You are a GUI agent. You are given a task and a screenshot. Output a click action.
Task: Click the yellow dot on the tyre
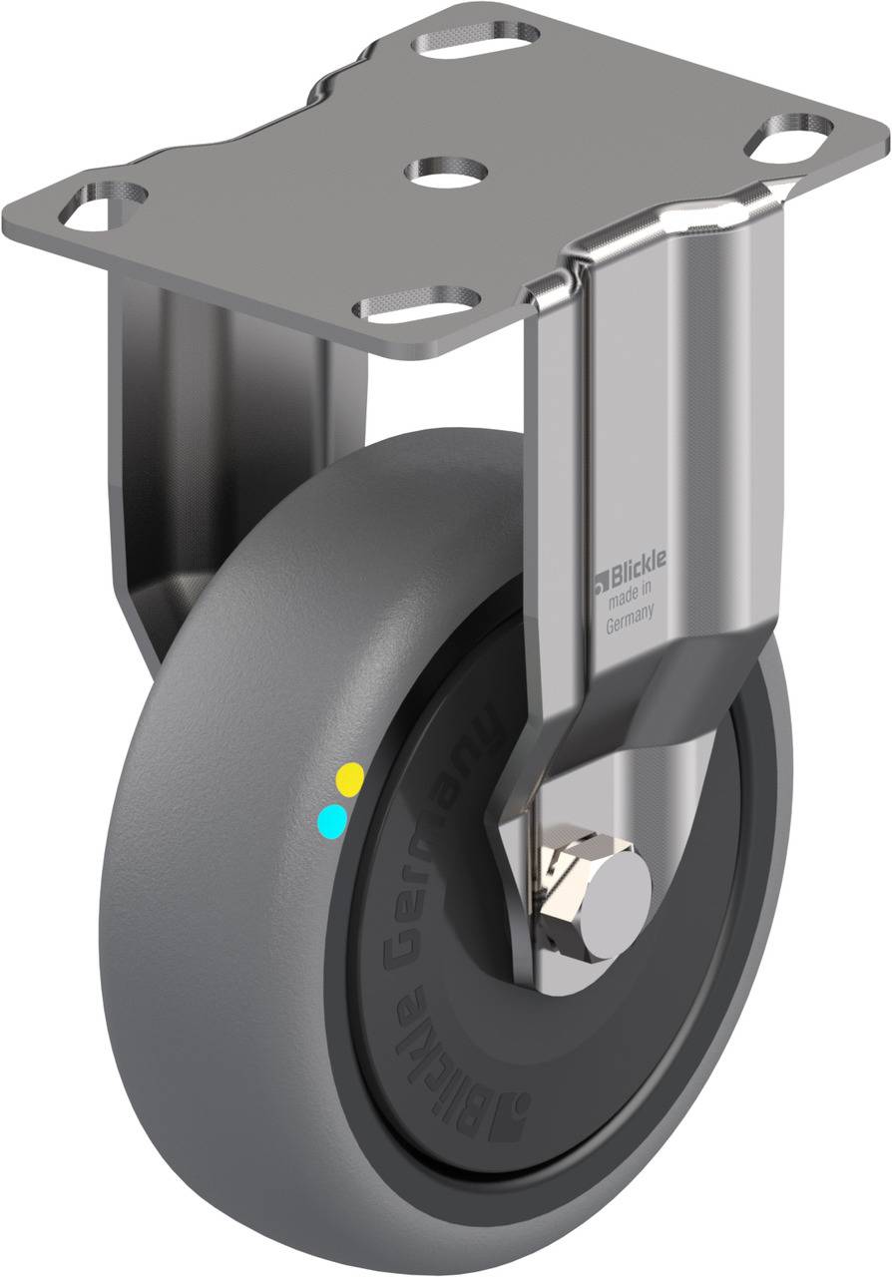click(351, 780)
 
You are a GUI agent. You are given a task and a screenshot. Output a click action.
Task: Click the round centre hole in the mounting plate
click(446, 170)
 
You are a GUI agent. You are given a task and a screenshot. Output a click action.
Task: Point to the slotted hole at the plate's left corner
click(103, 207)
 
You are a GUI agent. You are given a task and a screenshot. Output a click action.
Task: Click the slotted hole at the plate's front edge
click(415, 301)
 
